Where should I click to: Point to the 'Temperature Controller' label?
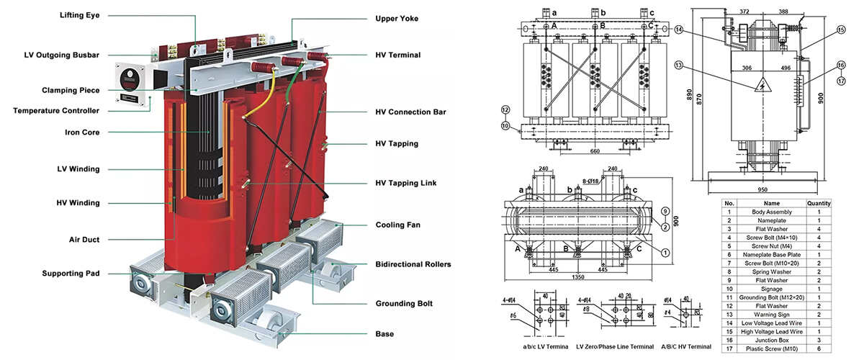(x=56, y=110)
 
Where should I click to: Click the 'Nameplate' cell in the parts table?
(x=771, y=220)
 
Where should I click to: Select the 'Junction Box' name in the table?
(x=771, y=338)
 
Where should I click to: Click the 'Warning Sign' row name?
(x=771, y=315)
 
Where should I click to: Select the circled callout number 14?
(x=678, y=30)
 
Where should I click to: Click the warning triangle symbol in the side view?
(x=758, y=87)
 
